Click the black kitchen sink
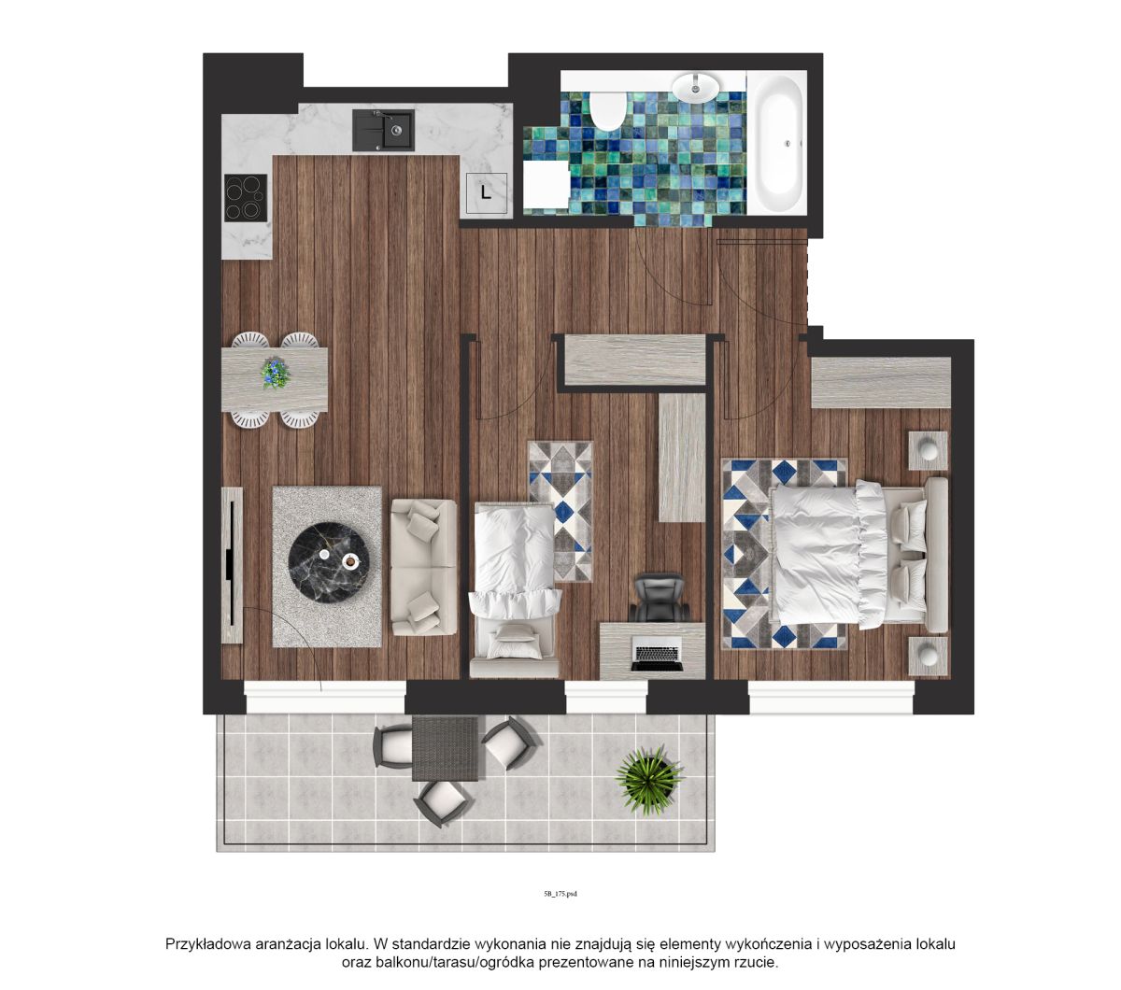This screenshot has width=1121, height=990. pyautogui.click(x=383, y=130)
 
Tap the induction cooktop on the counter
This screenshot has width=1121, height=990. pyautogui.click(x=246, y=198)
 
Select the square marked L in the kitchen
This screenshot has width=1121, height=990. pyautogui.click(x=487, y=193)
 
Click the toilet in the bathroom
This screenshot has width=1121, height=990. pyautogui.click(x=607, y=111)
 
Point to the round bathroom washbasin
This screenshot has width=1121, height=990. pyautogui.click(x=696, y=88)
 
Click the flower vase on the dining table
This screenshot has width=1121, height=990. pyautogui.click(x=276, y=373)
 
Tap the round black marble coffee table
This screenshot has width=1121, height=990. pyautogui.click(x=329, y=562)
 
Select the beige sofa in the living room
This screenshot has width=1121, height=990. pyautogui.click(x=424, y=567)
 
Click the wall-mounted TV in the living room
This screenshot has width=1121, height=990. pyautogui.click(x=232, y=564)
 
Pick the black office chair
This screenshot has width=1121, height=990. pyautogui.click(x=659, y=598)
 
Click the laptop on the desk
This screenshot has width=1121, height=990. pyautogui.click(x=657, y=653)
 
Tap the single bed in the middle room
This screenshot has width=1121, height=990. pyautogui.click(x=516, y=589)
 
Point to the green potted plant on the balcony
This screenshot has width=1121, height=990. pyautogui.click(x=649, y=780)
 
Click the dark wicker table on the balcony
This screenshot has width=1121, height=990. pyautogui.click(x=445, y=749)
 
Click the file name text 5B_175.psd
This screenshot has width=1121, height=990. pyautogui.click(x=560, y=894)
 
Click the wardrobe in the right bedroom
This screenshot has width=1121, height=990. pyautogui.click(x=881, y=382)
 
